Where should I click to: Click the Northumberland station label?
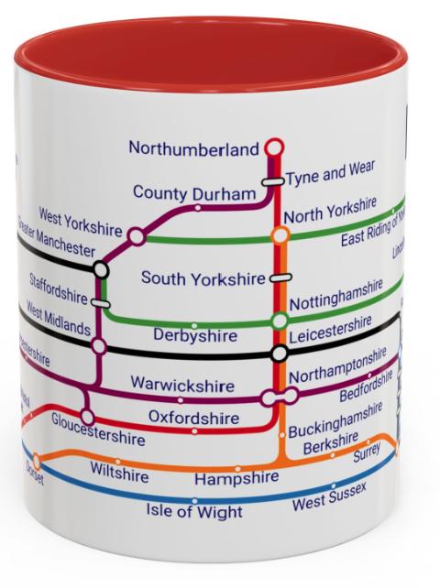tap(193, 148)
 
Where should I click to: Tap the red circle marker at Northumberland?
tap(273, 147)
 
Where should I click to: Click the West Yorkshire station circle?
tap(137, 236)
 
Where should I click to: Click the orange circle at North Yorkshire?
tap(280, 235)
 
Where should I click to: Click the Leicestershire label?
tap(330, 332)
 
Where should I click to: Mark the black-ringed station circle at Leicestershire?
tap(280, 354)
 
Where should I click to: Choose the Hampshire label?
tap(236, 478)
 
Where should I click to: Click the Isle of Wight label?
tap(195, 511)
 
